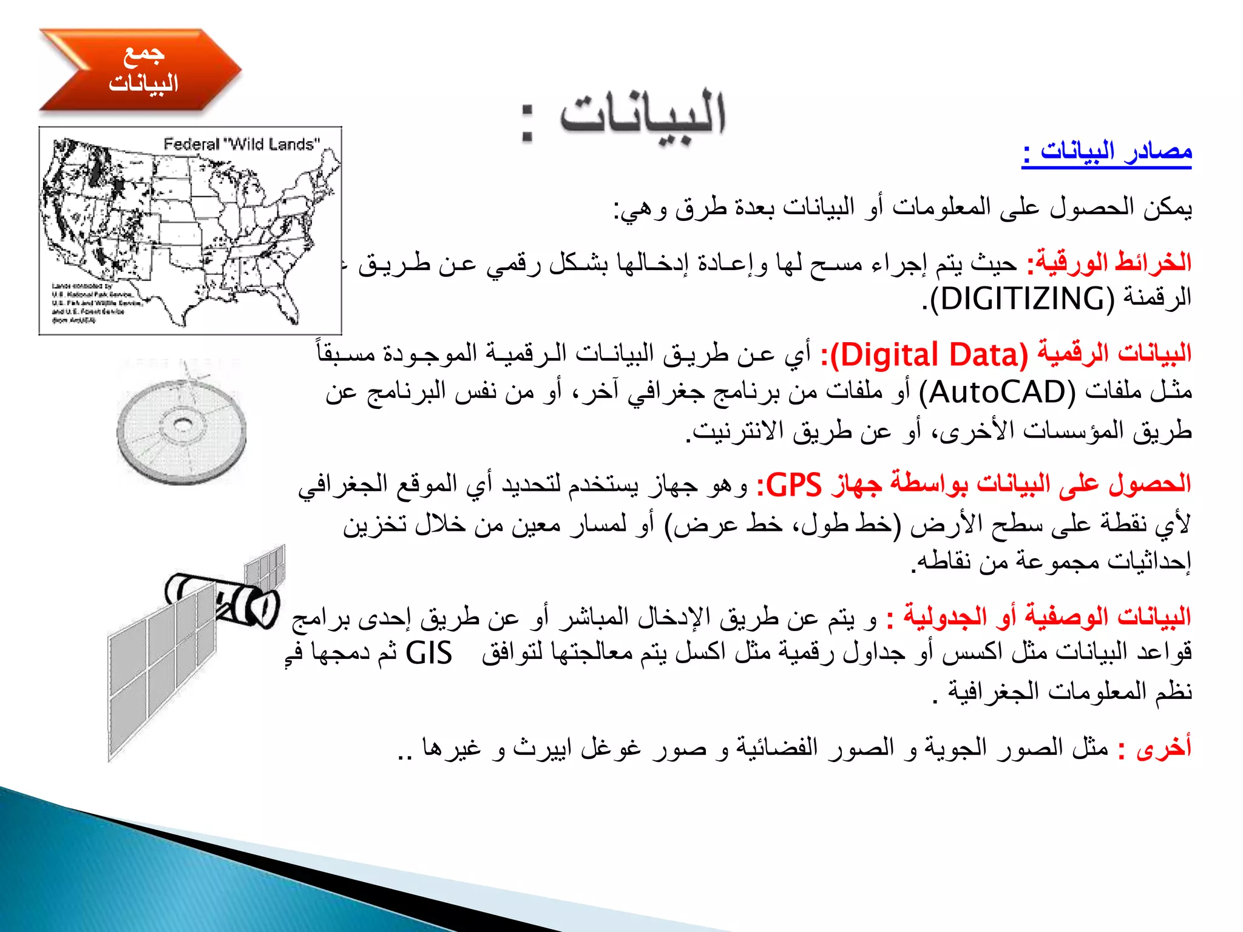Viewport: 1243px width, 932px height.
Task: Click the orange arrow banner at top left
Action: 140,70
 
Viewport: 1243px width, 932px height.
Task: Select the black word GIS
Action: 428,654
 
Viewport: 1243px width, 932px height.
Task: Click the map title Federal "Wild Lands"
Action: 241,144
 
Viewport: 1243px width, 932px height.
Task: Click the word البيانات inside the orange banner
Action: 143,83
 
